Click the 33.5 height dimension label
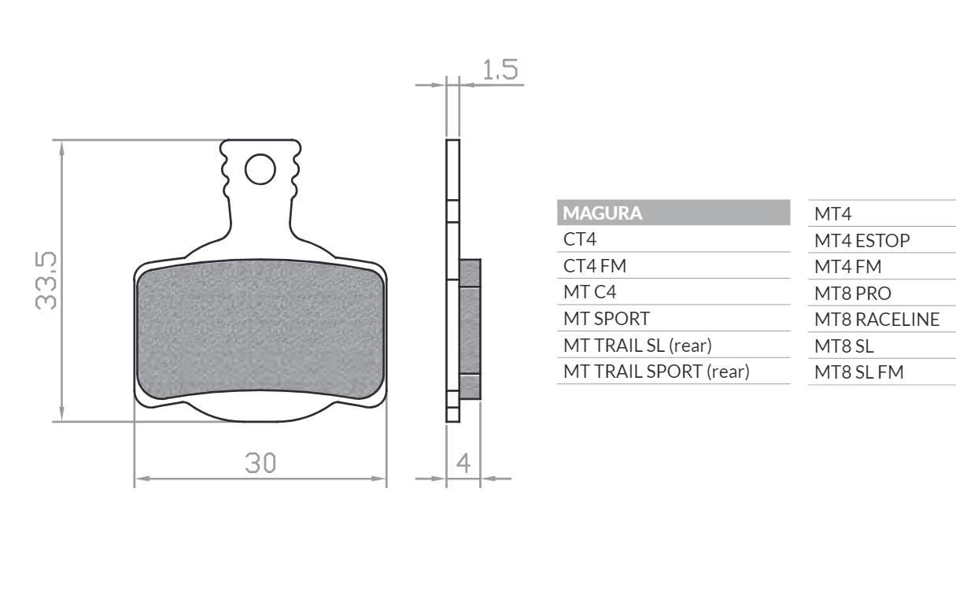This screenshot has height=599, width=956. coord(46,280)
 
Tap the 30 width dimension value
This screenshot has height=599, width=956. coord(260,463)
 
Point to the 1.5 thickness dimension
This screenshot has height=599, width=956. coord(500,69)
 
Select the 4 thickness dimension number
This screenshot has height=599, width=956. coord(463,463)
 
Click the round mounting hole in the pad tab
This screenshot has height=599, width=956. coord(260,169)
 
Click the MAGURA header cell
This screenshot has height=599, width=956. coord(674,213)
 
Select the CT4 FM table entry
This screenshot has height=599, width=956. coord(595,266)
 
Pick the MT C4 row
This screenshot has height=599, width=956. coord(590,292)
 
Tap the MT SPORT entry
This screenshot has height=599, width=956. coord(607,319)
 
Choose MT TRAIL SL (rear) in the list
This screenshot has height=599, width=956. coord(637,346)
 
